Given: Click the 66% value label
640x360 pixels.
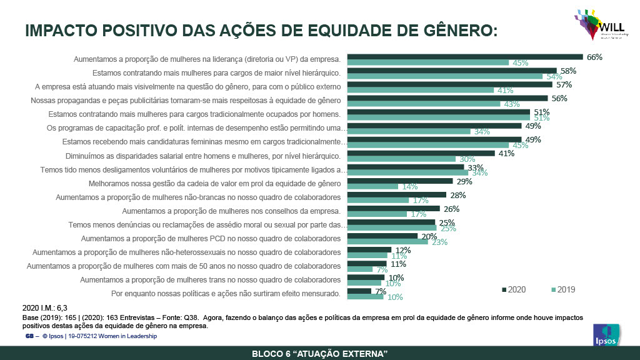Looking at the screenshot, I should pos(594,57).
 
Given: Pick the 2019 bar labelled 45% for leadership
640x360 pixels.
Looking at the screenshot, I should pos(428,63).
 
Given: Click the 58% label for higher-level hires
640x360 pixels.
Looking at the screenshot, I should pos(567,71).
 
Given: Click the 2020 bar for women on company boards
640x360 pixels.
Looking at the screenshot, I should pos(394,208).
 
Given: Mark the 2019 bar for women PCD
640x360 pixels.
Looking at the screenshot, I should pos(387,242).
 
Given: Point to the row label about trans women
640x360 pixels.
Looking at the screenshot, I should pos(210,279).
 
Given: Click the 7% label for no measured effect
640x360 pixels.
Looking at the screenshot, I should pos(381,291).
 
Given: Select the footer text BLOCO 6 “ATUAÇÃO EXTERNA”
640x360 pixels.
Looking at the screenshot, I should pos(320,354).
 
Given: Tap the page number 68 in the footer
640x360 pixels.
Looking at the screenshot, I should pos(28,336).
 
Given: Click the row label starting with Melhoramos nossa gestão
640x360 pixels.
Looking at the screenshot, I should pos(215,184).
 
